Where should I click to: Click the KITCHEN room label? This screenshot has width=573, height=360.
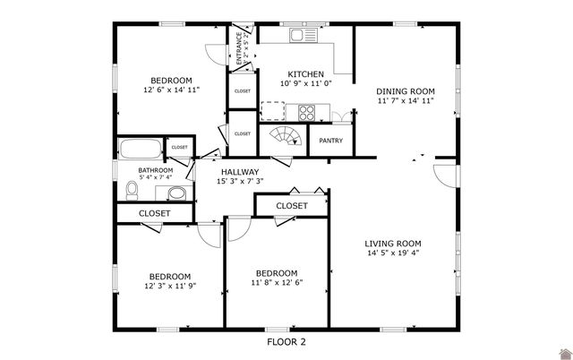[x=305, y=73]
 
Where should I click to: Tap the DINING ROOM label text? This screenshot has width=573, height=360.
[x=405, y=90]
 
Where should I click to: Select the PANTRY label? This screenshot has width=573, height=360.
[x=331, y=141]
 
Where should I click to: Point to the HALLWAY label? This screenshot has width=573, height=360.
[x=240, y=172]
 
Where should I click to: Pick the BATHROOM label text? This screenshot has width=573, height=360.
[x=155, y=170]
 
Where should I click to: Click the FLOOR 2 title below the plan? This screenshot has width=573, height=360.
[x=286, y=341]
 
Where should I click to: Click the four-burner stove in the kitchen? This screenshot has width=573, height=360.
[x=306, y=113]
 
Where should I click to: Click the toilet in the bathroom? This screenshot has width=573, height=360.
[x=133, y=190]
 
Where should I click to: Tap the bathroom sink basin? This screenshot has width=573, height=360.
[x=175, y=193]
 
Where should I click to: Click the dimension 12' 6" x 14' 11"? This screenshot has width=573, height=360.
[x=170, y=90]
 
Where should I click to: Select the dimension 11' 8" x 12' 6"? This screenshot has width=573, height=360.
[x=277, y=283]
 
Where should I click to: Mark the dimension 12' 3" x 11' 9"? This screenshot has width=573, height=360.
[x=170, y=286]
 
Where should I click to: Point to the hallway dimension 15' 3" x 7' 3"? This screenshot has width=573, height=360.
[x=240, y=182]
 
